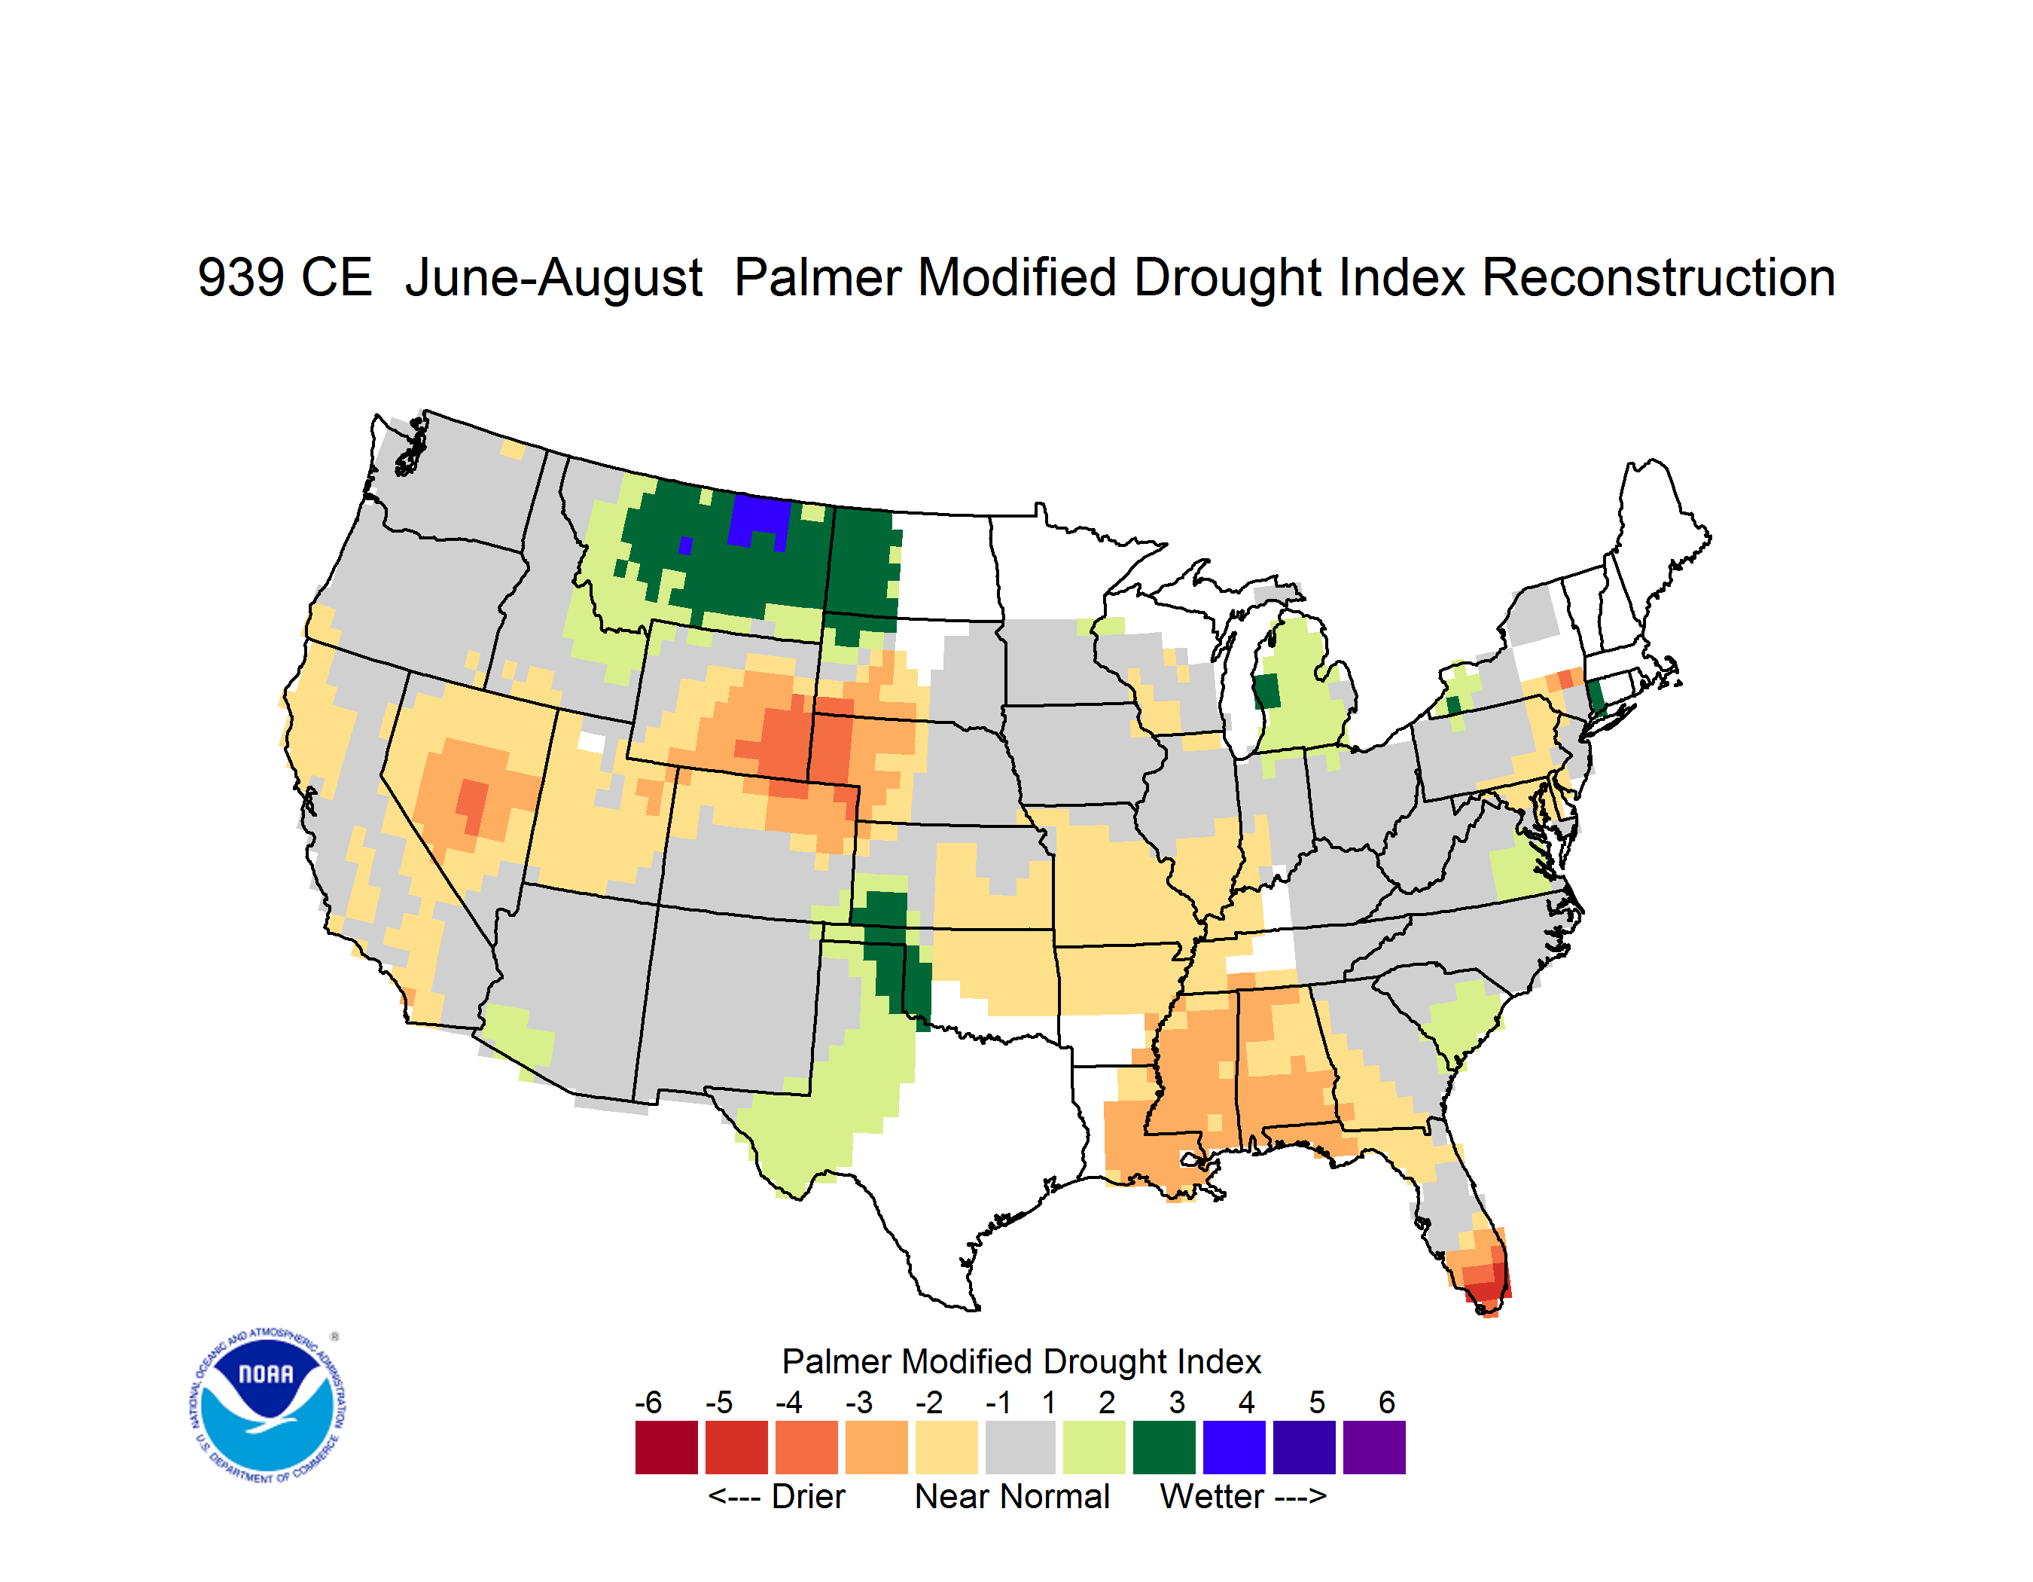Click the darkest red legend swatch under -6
coord(666,1447)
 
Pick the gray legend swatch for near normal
coord(1020,1447)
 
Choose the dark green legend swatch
coord(1163,1447)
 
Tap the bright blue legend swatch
coord(1234,1447)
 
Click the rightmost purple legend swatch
coord(1374,1447)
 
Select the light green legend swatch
coord(1094,1447)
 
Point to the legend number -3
coord(858,1402)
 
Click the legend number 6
coord(1387,1402)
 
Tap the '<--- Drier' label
coord(776,1496)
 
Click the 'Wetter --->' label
coord(1242,1496)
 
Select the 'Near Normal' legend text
coord(1012,1496)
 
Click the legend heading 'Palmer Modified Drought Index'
coord(1021,1361)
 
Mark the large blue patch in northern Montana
coord(760,521)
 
